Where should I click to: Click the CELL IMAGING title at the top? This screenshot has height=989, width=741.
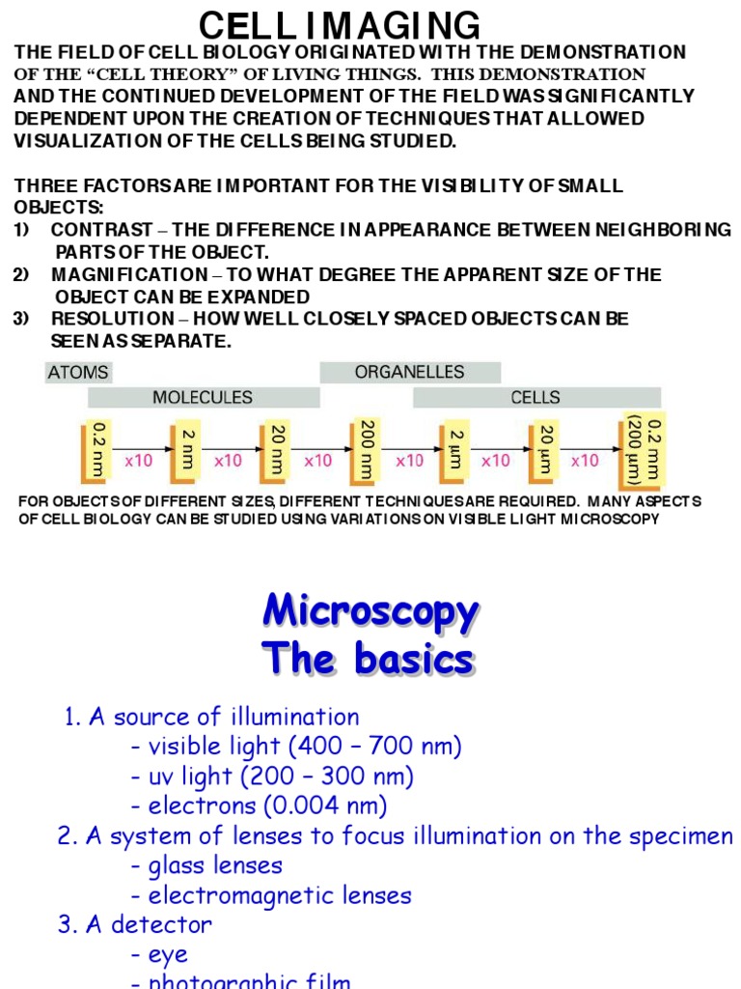click(339, 25)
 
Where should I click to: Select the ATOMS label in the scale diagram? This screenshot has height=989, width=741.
click(77, 372)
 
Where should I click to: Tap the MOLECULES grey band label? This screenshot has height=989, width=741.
click(203, 397)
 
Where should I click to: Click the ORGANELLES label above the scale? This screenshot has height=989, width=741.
click(409, 372)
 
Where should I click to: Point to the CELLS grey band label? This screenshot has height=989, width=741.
click(535, 397)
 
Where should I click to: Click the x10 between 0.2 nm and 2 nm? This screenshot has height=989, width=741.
click(139, 462)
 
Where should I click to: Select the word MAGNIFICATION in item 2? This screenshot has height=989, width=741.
click(129, 274)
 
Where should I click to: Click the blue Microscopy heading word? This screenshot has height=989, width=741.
click(370, 612)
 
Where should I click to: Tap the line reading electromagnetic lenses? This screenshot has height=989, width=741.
click(281, 895)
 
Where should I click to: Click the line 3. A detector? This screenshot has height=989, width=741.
click(135, 925)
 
